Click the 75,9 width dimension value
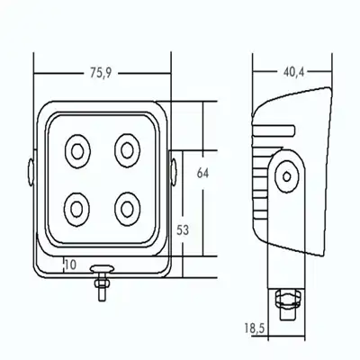coord(101,73)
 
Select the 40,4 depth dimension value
coord(293,72)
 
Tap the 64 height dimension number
coord(202,173)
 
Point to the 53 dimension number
coord(183,230)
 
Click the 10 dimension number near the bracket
coord(70,265)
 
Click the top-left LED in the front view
coord(77,151)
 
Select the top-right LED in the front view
coord(127,150)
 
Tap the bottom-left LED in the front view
coord(76,209)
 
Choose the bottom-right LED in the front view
coord(127,209)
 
